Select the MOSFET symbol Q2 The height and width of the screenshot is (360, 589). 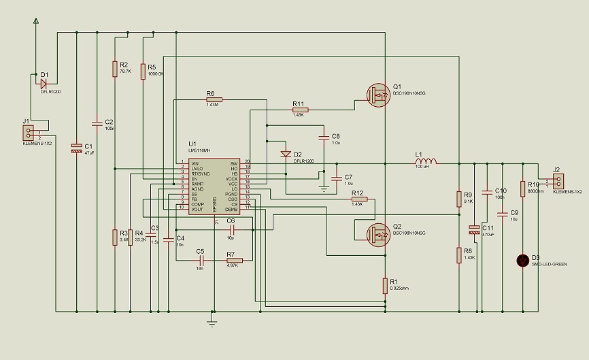click(376, 233)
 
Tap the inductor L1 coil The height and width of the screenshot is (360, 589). click(426, 163)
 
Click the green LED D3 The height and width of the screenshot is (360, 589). click(522, 259)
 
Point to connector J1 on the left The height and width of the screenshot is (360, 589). click(29, 133)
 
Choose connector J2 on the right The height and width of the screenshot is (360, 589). click(559, 181)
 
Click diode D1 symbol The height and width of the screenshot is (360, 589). click(44, 84)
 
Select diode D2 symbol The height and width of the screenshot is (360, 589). click(286, 154)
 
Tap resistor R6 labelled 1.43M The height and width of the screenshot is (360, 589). click(212, 99)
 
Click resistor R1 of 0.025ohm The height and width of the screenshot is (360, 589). click(386, 287)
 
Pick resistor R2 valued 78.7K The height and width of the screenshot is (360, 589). click(115, 68)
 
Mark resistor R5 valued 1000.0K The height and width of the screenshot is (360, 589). click(143, 71)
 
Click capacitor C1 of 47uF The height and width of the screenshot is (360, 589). click(76, 148)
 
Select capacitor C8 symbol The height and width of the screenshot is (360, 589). click(324, 137)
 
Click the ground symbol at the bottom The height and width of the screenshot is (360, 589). click(213, 323)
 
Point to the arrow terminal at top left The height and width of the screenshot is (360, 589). click(36, 22)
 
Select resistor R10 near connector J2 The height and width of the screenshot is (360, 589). click(522, 189)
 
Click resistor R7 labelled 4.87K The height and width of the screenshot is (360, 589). click(235, 259)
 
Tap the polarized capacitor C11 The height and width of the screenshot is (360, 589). click(474, 231)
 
